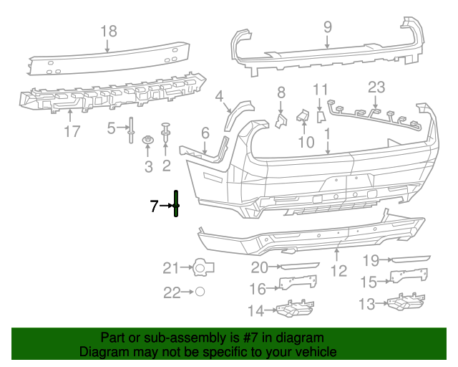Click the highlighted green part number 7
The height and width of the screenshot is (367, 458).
[176, 206]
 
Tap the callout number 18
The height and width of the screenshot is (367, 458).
[108, 31]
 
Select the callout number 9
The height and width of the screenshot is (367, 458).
[327, 27]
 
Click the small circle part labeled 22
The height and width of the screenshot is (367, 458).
[201, 292]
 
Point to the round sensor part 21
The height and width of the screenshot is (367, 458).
[204, 268]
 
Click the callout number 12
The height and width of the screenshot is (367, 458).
[338, 270]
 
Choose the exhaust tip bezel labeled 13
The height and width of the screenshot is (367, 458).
[404, 305]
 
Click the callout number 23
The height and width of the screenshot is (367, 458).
[376, 87]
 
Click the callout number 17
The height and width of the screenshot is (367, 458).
[72, 132]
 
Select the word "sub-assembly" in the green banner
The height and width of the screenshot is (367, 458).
[180, 338]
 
